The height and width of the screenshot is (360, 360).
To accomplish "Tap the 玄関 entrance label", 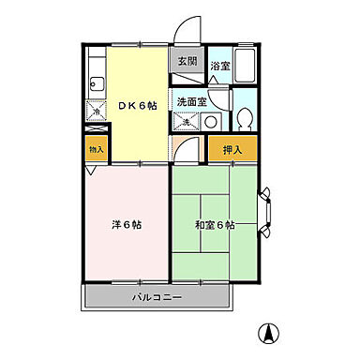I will click(x=187, y=62).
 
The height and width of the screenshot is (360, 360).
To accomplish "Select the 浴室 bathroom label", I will click(x=219, y=67).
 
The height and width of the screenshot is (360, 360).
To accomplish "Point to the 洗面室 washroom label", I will click(x=190, y=100).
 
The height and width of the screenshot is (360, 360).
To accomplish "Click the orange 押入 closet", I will click(x=231, y=149).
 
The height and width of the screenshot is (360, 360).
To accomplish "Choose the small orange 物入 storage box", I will click(x=96, y=150).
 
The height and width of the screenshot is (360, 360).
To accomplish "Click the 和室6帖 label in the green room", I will click(x=215, y=225).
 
